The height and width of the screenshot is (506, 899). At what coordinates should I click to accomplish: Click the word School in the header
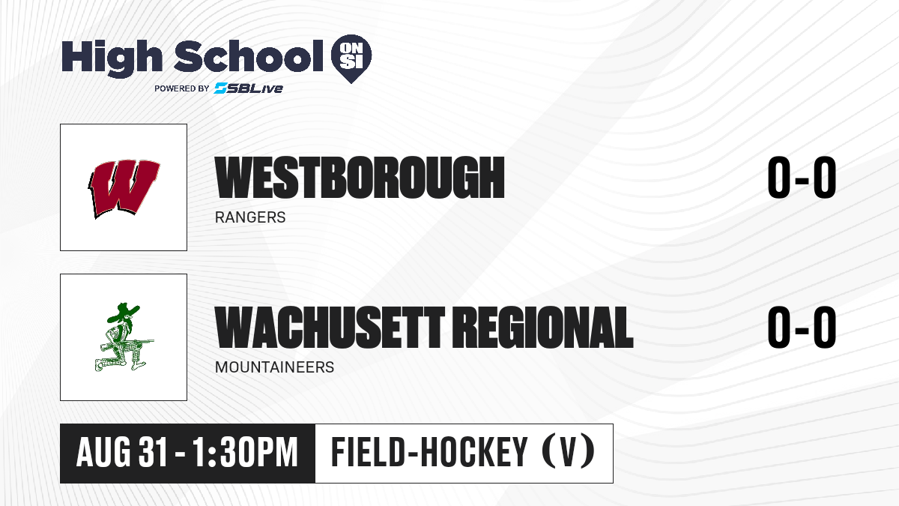249,55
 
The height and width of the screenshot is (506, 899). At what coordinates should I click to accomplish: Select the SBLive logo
248,88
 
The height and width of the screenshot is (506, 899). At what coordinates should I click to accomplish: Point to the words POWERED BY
181,88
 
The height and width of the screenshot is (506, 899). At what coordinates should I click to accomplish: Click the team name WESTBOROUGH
360,177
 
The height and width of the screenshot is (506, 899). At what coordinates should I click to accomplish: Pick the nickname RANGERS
250,217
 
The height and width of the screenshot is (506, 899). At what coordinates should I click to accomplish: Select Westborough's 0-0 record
802,177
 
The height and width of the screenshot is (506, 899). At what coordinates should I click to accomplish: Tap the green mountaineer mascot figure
124,337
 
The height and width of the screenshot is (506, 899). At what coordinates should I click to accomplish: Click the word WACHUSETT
330,327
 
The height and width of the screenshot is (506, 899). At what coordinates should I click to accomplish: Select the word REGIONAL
545,327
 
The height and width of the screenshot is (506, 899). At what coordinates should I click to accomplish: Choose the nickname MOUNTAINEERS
274,367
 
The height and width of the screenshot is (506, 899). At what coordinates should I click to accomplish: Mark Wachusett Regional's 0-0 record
802,327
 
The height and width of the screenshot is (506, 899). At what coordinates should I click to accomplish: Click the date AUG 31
121,452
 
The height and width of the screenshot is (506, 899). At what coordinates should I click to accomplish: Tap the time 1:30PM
245,452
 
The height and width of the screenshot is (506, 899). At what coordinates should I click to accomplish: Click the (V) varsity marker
568,452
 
